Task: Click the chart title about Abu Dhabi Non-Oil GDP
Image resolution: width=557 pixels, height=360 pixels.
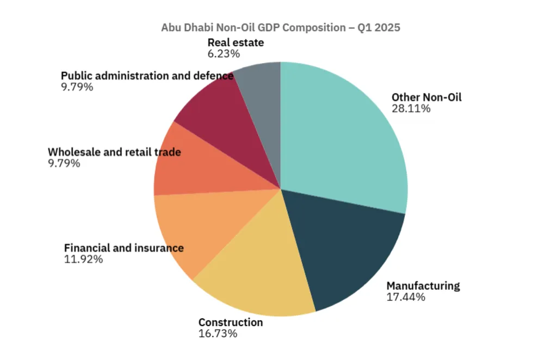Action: (280, 27)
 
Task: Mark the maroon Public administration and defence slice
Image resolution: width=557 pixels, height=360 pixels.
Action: (218, 114)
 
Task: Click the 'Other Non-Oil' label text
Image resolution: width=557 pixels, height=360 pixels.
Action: (426, 97)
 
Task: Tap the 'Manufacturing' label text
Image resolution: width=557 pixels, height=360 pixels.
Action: (423, 285)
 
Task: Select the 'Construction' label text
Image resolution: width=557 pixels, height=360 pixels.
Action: (230, 322)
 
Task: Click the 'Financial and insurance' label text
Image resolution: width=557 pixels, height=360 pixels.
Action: (123, 248)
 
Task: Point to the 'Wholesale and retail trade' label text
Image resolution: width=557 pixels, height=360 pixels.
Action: (114, 152)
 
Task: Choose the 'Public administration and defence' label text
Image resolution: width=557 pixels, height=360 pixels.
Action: (147, 76)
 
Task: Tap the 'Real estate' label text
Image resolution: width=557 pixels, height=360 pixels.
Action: (235, 42)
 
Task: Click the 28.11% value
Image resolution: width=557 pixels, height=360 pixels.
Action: (411, 108)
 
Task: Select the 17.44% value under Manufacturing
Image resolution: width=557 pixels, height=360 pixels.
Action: (405, 297)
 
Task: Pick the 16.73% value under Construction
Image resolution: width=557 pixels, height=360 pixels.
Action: (218, 333)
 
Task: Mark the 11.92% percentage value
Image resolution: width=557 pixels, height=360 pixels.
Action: (83, 259)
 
